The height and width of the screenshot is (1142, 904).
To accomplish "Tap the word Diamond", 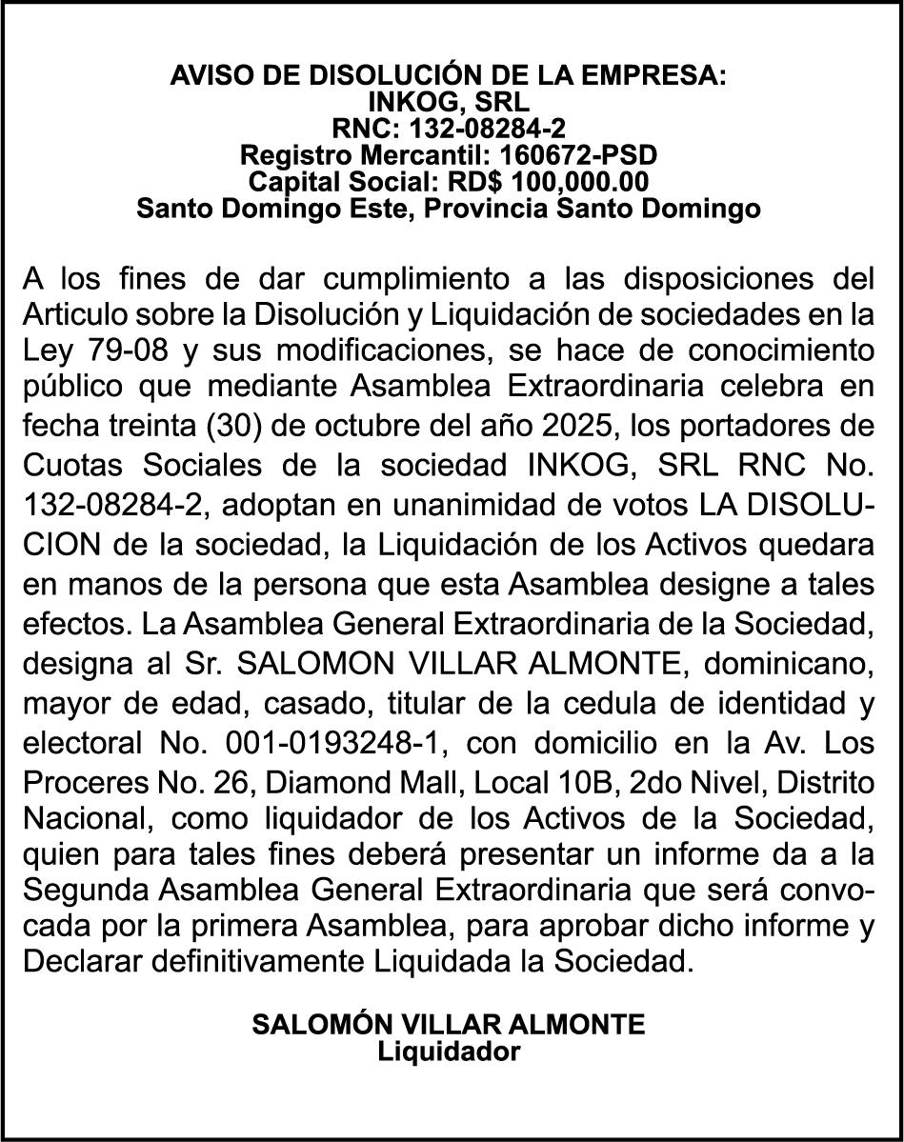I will [x=301, y=783].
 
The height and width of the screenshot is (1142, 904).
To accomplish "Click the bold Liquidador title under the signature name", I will [x=449, y=1052].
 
